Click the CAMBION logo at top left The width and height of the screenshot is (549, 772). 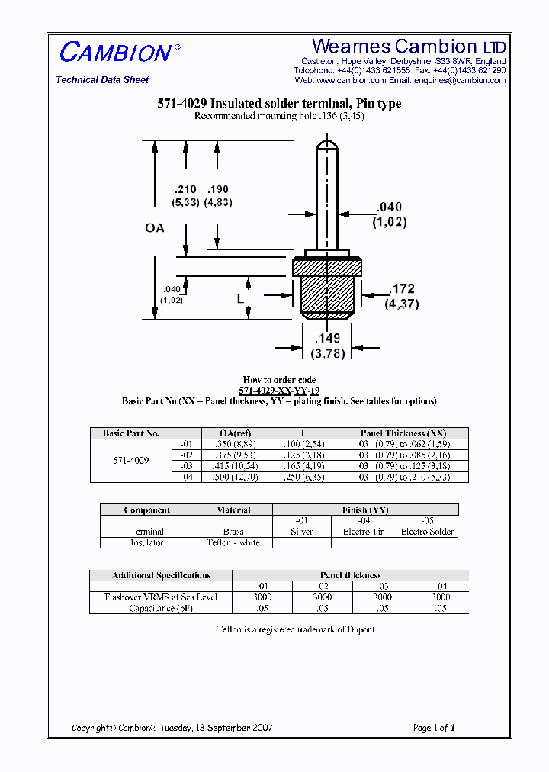[x=115, y=53]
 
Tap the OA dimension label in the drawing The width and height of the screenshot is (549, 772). [x=155, y=228]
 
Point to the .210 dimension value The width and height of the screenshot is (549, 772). [x=185, y=190]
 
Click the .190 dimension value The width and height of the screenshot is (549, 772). [x=217, y=190]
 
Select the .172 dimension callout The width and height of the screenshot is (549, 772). [x=403, y=289]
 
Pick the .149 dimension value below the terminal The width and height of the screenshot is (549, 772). [x=328, y=339]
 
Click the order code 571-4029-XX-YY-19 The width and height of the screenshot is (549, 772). [x=279, y=391]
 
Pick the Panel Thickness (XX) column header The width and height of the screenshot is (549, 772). [x=403, y=433]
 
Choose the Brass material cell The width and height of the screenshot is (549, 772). [x=233, y=532]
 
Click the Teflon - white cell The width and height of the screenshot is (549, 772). [x=233, y=543]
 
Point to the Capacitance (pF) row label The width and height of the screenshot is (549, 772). [x=160, y=609]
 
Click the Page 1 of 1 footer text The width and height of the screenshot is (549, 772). [x=434, y=728]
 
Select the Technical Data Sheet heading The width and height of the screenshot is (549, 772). [x=102, y=80]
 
